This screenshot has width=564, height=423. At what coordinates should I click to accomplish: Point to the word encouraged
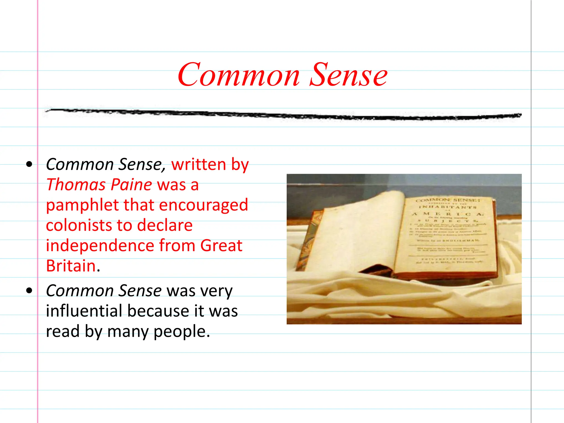pyautogui.click(x=204, y=205)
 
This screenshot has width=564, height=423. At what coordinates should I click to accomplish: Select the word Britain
pyautogui.click(x=71, y=266)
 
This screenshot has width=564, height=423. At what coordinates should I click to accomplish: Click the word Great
pyautogui.click(x=221, y=245)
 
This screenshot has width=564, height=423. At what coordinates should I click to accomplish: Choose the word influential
pyautogui.click(x=84, y=311)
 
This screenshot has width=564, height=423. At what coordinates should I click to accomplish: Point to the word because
pyautogui.click(x=158, y=311)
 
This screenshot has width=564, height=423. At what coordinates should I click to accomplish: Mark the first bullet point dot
pyautogui.click(x=29, y=165)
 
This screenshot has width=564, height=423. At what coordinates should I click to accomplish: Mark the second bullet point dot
pyautogui.click(x=29, y=291)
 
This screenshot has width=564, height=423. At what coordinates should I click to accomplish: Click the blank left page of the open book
pyautogui.click(x=358, y=237)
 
